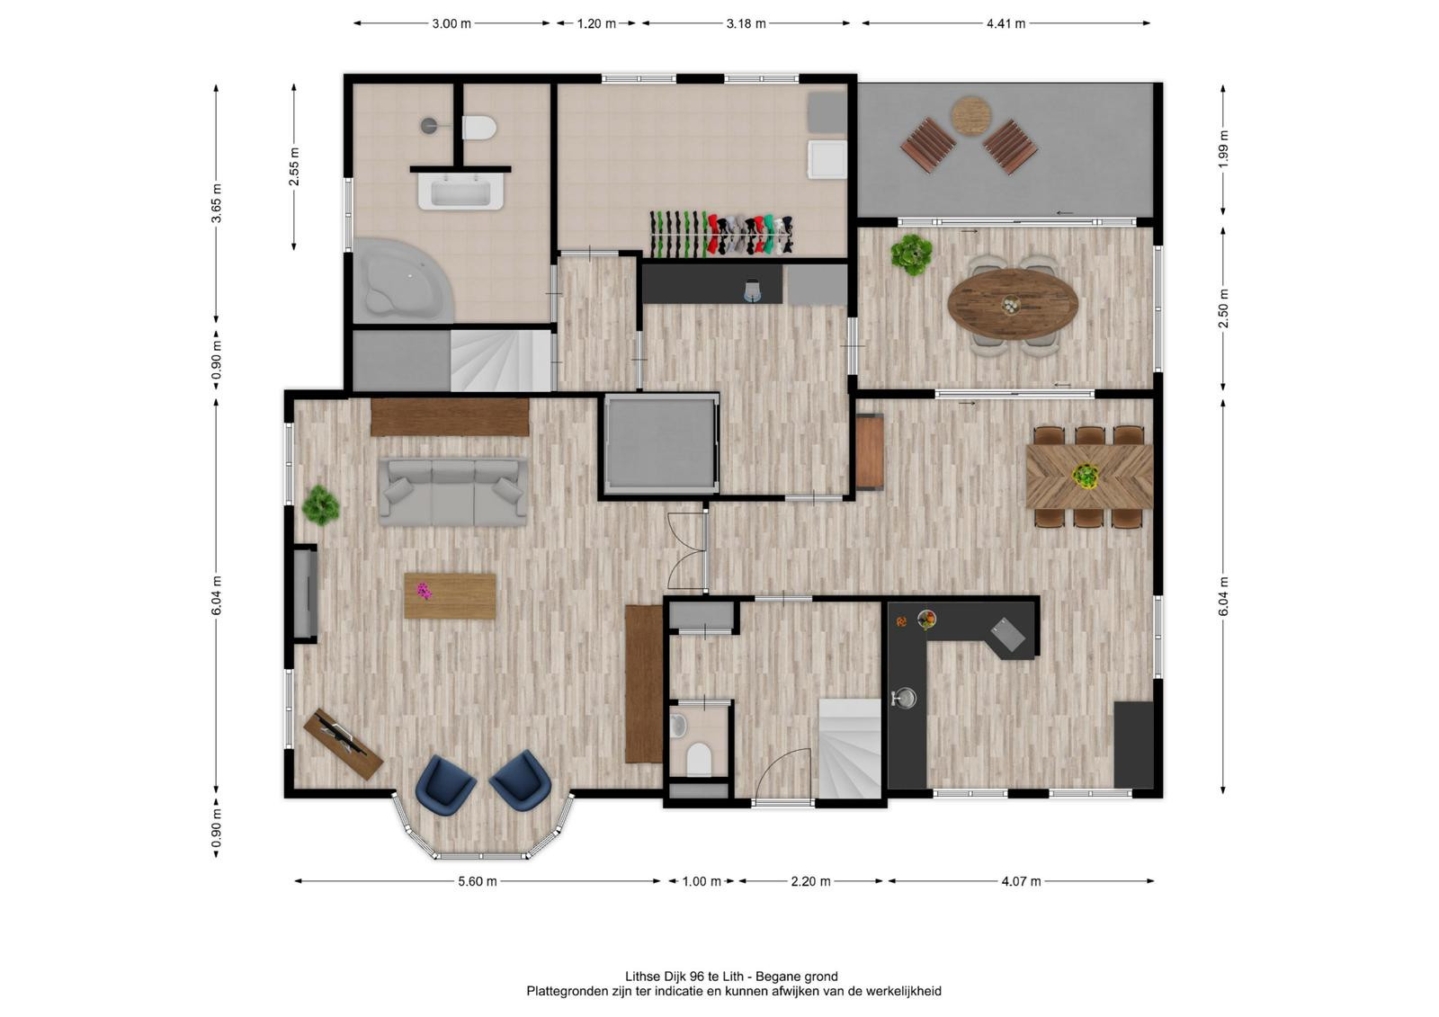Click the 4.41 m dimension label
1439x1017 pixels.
(x=1006, y=23)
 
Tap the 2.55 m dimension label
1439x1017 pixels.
(x=294, y=166)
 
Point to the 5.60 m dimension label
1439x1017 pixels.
(x=478, y=881)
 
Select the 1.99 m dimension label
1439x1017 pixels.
(x=1223, y=149)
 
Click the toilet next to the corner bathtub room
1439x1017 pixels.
(x=479, y=127)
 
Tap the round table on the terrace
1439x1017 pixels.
(x=970, y=116)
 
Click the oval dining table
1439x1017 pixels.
(x=1013, y=304)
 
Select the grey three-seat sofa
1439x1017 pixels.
(x=453, y=492)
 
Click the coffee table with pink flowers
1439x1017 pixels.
(x=450, y=595)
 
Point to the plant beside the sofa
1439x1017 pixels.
(x=320, y=505)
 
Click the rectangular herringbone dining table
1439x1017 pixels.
(x=1089, y=476)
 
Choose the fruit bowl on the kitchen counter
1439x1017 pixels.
(x=926, y=620)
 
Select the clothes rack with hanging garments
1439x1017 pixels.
(x=720, y=234)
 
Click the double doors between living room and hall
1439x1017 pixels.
(x=687, y=550)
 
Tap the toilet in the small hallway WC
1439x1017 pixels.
(x=698, y=760)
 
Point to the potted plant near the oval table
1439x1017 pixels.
(x=912, y=254)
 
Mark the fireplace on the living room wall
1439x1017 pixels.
(x=306, y=593)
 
